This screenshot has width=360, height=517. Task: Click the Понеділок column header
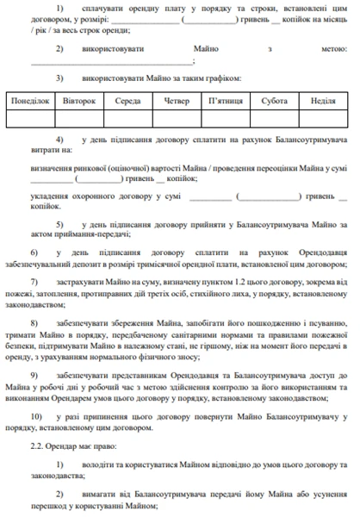(x=31, y=101)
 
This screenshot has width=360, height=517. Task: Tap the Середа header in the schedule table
(x=128, y=101)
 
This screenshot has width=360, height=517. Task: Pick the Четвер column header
(x=177, y=101)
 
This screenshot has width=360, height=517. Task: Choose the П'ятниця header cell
(x=227, y=101)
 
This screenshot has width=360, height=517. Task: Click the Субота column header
(x=276, y=101)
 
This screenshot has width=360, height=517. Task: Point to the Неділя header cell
(x=323, y=101)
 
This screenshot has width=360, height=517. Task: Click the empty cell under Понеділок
(x=31, y=118)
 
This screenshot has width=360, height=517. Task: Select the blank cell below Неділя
(x=323, y=118)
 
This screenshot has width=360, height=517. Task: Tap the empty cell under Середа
(x=128, y=118)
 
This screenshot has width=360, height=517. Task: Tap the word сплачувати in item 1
(x=109, y=8)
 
